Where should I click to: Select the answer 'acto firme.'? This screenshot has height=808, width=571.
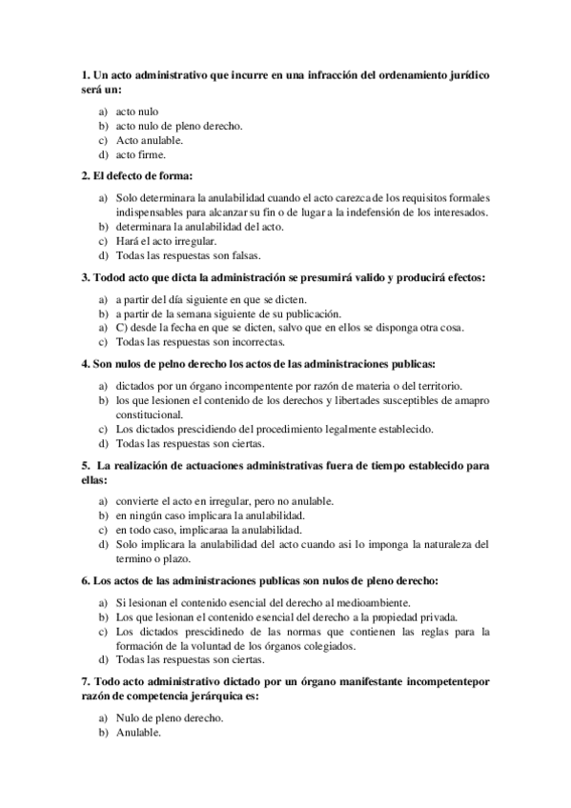coord(140,154)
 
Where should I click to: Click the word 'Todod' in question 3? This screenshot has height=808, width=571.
coord(112,278)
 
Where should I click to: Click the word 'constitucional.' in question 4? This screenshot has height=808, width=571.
coord(149,415)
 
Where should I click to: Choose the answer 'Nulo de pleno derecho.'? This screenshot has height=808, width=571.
coord(169,718)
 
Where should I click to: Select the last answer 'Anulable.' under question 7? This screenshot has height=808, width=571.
coord(138,733)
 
